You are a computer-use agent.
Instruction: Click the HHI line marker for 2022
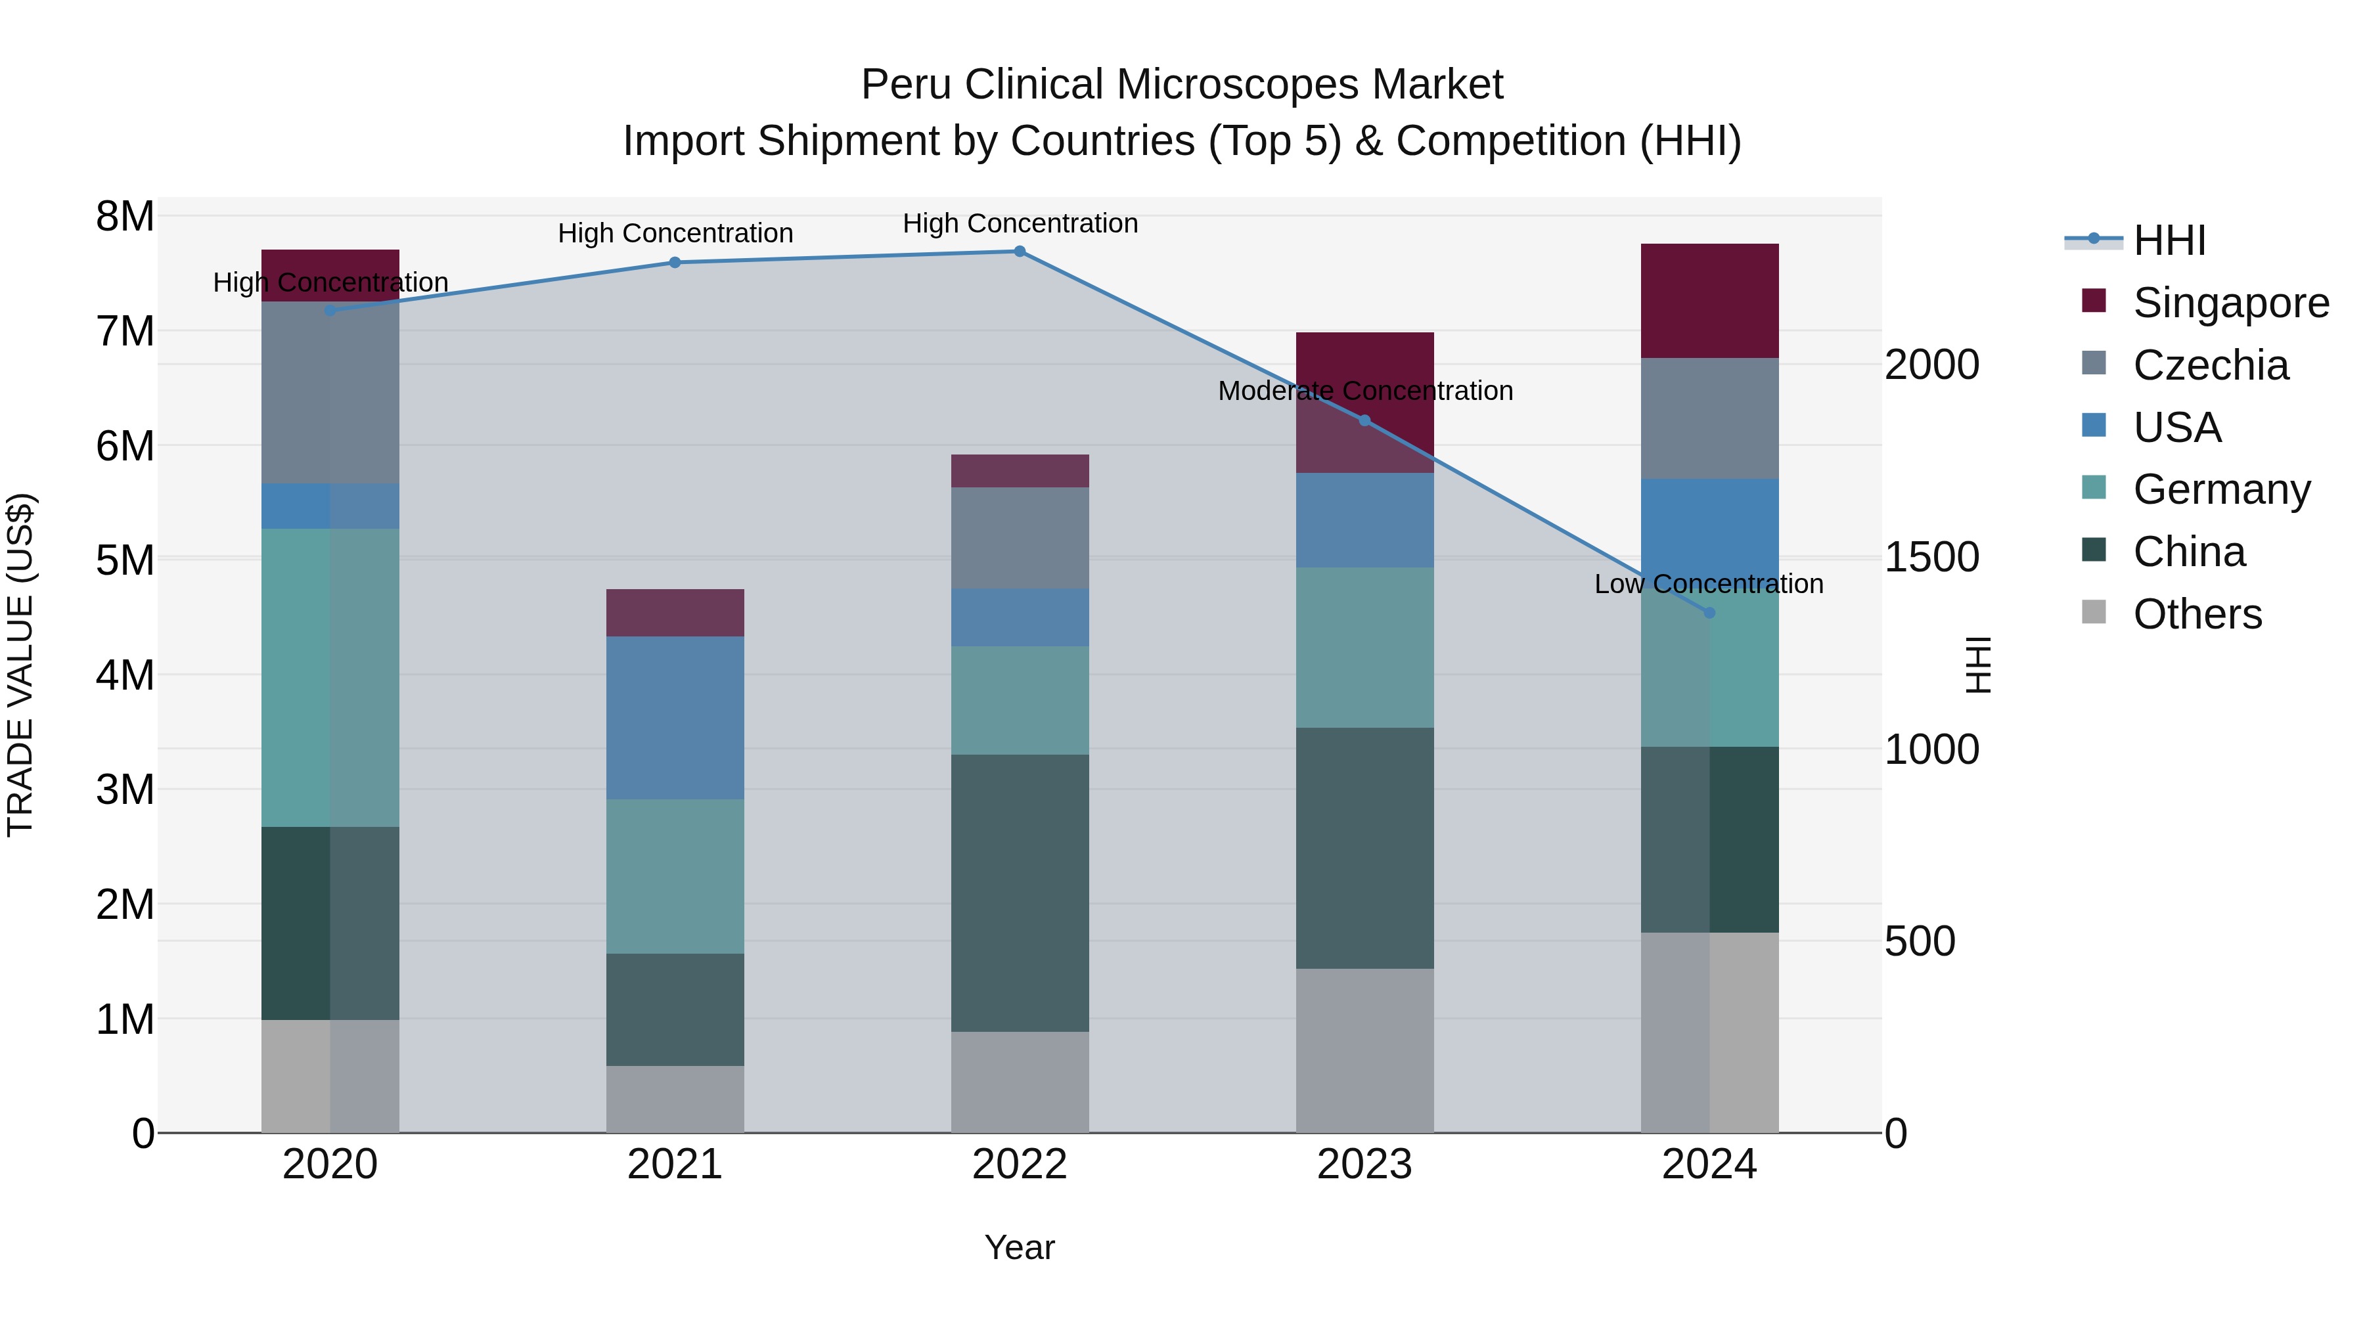click(x=1019, y=252)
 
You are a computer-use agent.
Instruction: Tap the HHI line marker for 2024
click(x=1709, y=612)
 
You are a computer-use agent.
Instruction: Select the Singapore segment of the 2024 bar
click(x=1709, y=301)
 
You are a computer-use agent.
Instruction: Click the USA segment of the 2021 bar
click(x=675, y=718)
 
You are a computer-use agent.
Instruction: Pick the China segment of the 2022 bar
click(x=1019, y=893)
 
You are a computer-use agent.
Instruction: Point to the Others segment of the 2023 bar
click(x=1364, y=1050)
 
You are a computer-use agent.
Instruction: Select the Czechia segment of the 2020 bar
click(x=330, y=393)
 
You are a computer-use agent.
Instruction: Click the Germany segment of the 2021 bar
click(x=675, y=877)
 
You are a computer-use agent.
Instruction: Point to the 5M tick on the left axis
click(x=125, y=560)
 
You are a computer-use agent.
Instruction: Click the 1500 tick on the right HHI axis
click(x=1931, y=557)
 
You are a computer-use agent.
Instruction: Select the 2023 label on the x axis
click(x=1364, y=1164)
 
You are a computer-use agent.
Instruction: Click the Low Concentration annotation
click(x=1709, y=584)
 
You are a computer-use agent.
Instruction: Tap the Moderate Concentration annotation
click(x=1364, y=391)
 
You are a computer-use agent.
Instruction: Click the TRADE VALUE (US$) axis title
click(x=20, y=665)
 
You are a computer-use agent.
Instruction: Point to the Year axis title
click(x=1019, y=1247)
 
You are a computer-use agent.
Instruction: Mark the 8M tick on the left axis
click(x=125, y=217)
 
